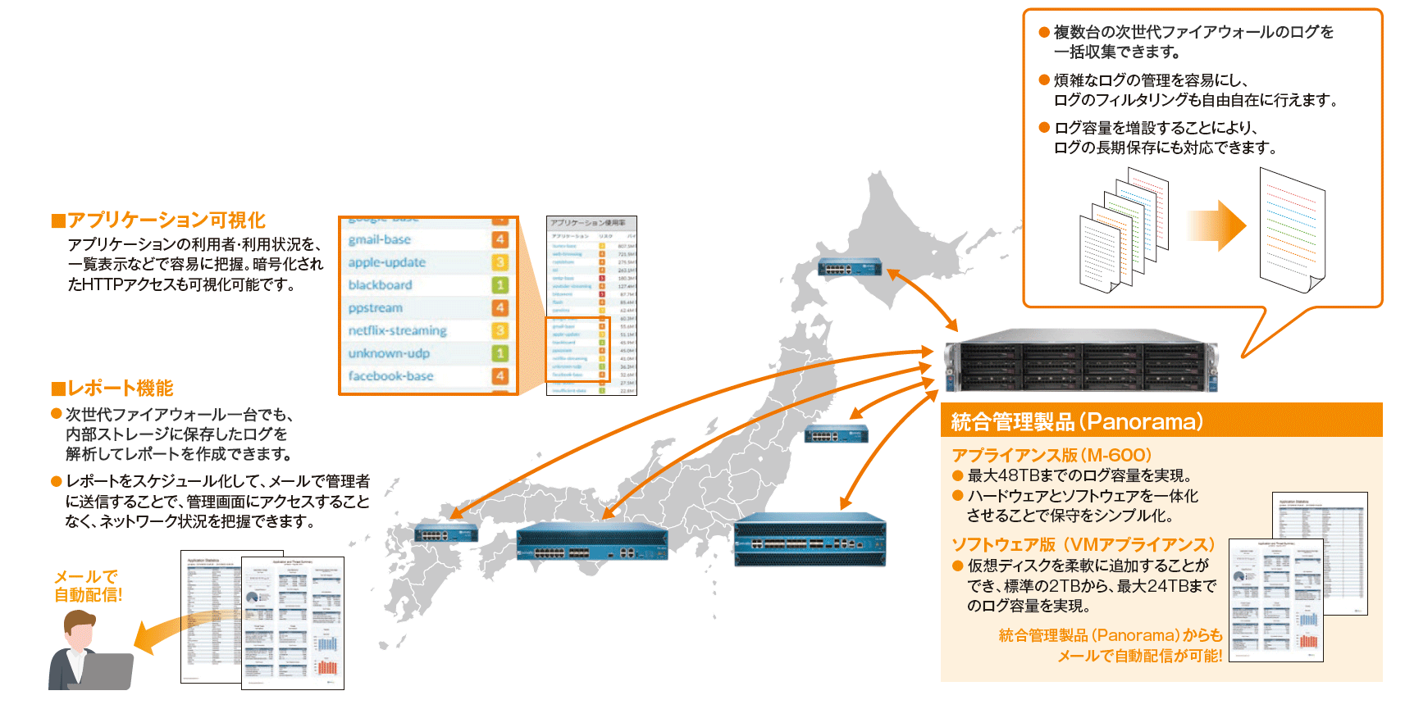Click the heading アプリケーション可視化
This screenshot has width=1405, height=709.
click(166, 220)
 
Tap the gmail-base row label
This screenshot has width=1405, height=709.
click(379, 239)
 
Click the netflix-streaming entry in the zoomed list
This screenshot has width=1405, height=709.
click(397, 330)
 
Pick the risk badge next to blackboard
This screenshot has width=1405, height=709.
click(500, 285)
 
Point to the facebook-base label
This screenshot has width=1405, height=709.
click(390, 376)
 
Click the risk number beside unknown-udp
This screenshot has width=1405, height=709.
click(500, 353)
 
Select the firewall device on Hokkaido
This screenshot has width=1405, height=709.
click(850, 266)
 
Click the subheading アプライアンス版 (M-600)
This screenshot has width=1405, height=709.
click(1051, 455)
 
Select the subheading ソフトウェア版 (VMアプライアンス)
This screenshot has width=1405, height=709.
click(1083, 544)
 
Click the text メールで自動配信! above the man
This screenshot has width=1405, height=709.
click(88, 586)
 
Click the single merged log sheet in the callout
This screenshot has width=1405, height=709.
click(1291, 229)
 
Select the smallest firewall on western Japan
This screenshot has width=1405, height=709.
click(446, 533)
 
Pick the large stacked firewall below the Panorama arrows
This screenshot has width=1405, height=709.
click(810, 541)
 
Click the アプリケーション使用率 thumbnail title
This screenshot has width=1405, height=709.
click(587, 223)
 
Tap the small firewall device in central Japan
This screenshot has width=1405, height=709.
click(836, 434)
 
